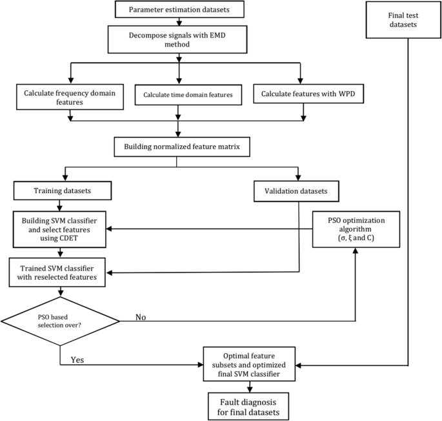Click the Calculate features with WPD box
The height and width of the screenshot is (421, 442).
[303, 94]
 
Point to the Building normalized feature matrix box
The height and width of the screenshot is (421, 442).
[177, 147]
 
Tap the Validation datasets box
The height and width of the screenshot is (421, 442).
[298, 190]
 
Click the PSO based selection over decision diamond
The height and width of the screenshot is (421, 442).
[59, 318]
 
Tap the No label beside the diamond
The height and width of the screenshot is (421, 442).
[142, 317]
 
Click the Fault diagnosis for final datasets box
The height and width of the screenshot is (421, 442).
[248, 405]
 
